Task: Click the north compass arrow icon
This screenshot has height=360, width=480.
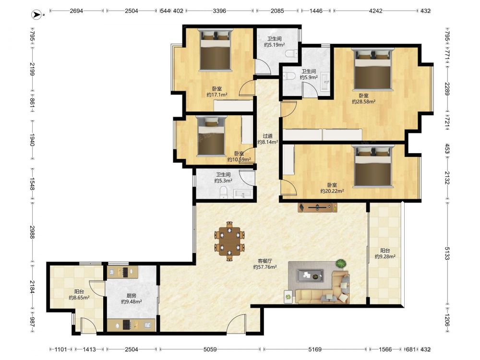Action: (37, 14)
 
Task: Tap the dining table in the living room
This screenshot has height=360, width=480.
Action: (229, 241)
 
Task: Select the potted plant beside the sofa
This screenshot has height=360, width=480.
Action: (341, 263)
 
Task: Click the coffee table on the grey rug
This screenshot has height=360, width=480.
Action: (310, 275)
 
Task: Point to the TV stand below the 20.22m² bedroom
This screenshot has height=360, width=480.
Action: (317, 207)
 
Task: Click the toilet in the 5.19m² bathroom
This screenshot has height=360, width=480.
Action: (291, 54)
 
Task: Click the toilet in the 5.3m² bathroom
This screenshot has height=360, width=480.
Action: (224, 193)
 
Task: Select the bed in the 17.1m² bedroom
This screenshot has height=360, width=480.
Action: (216, 50)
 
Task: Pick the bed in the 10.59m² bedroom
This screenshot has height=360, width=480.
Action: (211, 136)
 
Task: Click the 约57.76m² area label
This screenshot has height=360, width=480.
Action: (265, 267)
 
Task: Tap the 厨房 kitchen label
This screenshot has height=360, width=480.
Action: (132, 295)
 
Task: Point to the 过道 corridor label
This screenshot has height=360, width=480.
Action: (267, 136)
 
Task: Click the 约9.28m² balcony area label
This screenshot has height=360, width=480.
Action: (385, 256)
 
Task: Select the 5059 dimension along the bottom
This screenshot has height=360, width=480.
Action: (210, 349)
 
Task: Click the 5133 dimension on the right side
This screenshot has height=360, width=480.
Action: (447, 253)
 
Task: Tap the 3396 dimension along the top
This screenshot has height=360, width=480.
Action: (219, 11)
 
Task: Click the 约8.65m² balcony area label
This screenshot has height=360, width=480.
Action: (79, 297)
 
